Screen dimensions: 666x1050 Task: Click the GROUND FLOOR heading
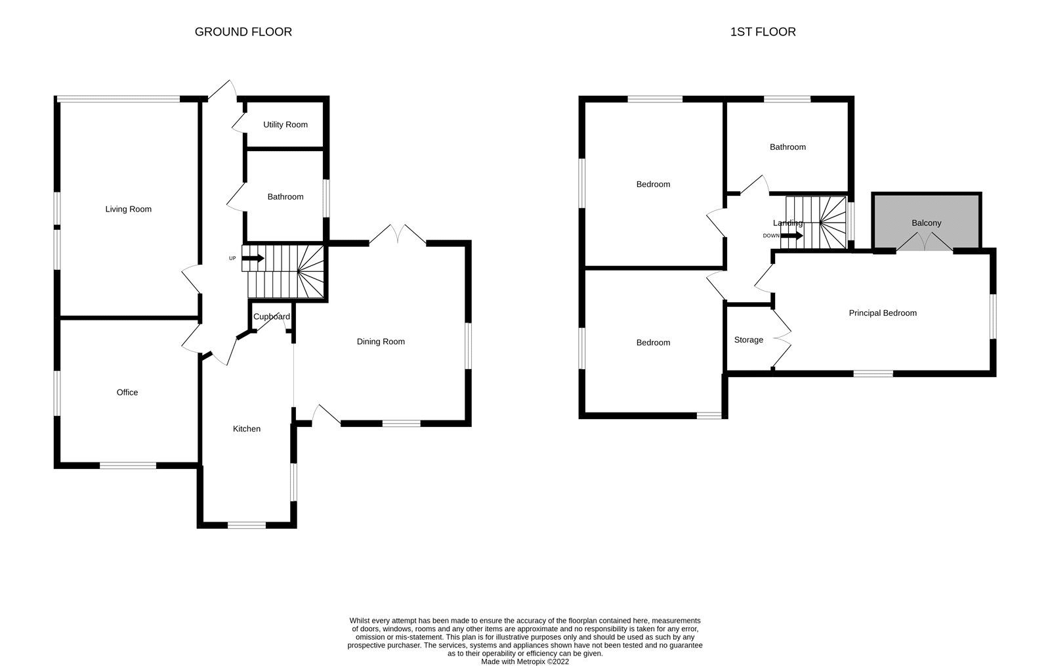point(243,32)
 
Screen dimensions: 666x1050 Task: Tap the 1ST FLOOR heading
point(763,32)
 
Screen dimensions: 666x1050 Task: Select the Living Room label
point(128,210)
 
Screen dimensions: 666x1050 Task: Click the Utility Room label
point(285,125)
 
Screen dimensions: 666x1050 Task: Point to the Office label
point(127,393)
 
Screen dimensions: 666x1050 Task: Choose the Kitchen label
point(247,429)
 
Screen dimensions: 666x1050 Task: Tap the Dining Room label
point(381,342)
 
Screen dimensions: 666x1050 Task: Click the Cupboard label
point(272,317)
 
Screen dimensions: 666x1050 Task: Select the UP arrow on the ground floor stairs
point(253,258)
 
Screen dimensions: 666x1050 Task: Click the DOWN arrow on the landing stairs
point(791,236)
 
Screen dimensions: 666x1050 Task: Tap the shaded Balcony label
point(926,223)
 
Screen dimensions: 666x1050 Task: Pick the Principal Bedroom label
point(882,313)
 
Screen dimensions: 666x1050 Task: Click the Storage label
point(748,340)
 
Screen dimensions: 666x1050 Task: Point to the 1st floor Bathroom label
point(787,147)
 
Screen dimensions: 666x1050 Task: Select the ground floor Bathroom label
point(285,197)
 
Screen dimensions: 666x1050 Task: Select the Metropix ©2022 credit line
point(525,661)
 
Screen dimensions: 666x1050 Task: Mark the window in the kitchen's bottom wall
point(247,524)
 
